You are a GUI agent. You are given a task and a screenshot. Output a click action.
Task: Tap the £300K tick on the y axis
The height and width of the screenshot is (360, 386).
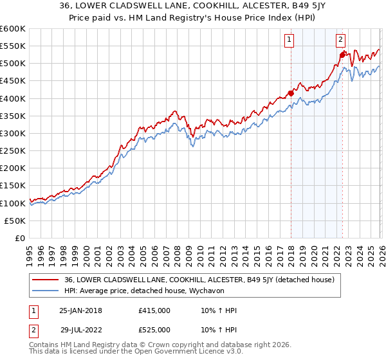(x=13, y=133)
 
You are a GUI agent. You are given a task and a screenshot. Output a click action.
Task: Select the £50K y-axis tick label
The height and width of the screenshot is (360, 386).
(x=15, y=221)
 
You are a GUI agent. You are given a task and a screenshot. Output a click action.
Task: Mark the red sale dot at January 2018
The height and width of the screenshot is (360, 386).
(x=291, y=93)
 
